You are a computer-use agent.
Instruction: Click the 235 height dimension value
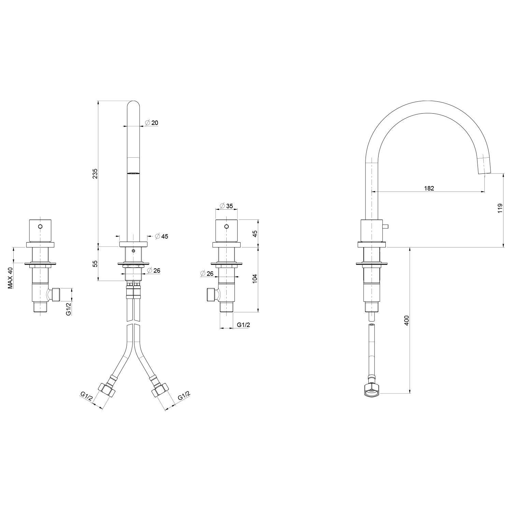point(95,173)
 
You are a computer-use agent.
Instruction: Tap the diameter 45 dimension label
point(161,236)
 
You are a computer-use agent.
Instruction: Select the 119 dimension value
point(500,209)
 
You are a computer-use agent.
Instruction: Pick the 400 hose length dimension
point(407,320)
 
